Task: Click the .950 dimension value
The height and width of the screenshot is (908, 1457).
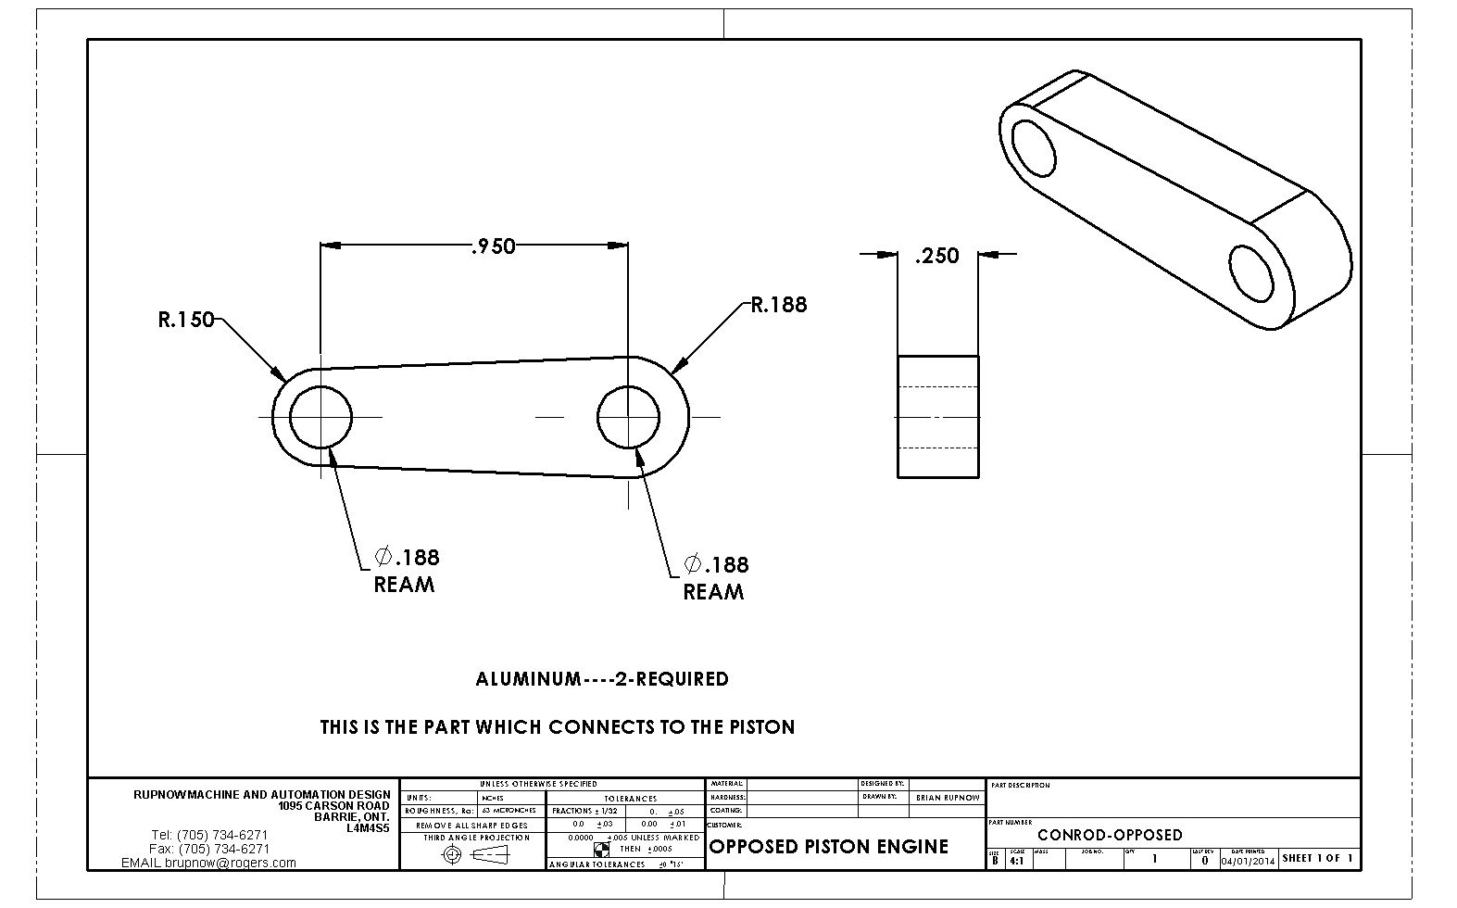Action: click(493, 246)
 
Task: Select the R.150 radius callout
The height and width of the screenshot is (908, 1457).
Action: click(186, 321)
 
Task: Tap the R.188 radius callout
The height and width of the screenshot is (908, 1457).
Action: click(779, 305)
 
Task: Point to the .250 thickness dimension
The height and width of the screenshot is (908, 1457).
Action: click(936, 256)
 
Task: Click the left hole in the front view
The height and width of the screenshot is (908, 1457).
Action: click(320, 417)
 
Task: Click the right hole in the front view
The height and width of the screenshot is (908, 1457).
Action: click(628, 417)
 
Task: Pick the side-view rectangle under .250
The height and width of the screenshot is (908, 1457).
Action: click(937, 417)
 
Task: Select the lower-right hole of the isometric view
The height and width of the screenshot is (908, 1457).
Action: click(1251, 273)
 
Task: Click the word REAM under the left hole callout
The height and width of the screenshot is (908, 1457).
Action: click(404, 585)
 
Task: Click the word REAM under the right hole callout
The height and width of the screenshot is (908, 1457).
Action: click(713, 592)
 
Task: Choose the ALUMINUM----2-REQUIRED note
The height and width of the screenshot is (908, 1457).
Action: click(602, 679)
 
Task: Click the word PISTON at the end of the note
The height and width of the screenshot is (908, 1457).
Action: click(763, 727)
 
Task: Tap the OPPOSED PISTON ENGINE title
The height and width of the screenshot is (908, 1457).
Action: click(828, 847)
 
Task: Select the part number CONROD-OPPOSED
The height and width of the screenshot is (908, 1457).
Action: click(1110, 835)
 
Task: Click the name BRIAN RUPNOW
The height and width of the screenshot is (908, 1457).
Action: click(947, 798)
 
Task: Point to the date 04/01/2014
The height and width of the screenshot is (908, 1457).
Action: click(1248, 861)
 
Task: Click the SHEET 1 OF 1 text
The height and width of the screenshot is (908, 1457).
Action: click(1317, 859)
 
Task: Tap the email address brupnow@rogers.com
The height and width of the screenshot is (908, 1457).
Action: click(231, 863)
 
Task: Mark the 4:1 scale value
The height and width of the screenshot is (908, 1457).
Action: click(1016, 861)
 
